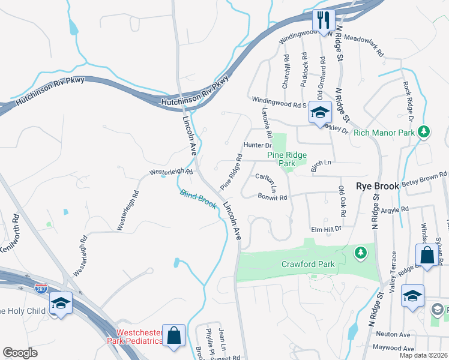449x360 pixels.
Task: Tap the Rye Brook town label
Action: click(x=378, y=187)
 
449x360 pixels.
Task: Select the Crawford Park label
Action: click(x=307, y=264)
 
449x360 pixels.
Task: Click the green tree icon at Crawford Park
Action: click(x=360, y=253)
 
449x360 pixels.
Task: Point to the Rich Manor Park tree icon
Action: click(x=424, y=131)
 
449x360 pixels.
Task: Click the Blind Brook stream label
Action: click(x=199, y=199)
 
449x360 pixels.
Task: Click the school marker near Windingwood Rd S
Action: click(x=321, y=113)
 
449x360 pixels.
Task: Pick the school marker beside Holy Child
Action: click(x=61, y=303)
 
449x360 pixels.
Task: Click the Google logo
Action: click(x=20, y=353)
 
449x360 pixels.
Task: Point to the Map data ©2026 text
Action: click(x=423, y=355)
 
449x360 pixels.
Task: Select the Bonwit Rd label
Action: click(x=273, y=196)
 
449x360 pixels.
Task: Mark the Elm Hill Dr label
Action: click(x=325, y=229)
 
